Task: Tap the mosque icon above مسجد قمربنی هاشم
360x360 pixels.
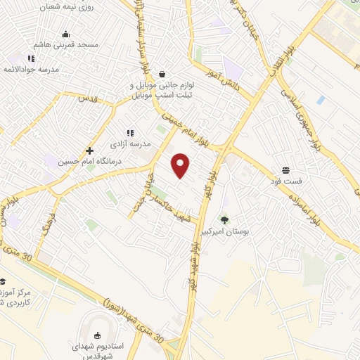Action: click(66, 34)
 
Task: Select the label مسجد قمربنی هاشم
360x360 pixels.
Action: click(69, 45)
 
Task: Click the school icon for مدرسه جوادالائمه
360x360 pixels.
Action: click(30, 58)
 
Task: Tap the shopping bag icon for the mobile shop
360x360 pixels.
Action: click(162, 74)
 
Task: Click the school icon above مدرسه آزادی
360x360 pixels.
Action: click(129, 132)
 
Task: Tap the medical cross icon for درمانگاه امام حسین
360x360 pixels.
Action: click(89, 150)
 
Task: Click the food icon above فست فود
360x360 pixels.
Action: click(285, 170)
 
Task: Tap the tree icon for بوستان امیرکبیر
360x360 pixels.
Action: click(224, 220)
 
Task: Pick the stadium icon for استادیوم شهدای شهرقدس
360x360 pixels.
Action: click(97, 336)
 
